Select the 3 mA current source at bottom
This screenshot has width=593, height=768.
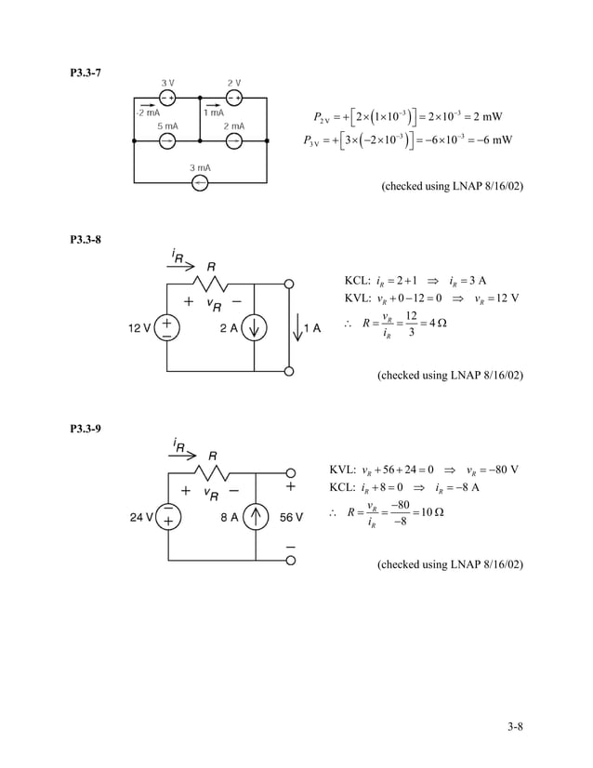coord(200,183)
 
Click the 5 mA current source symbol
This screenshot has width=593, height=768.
coord(167,140)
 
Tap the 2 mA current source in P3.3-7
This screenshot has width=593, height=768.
coord(234,140)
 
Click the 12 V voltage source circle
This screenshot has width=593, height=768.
coord(167,327)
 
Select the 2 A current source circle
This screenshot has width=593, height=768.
coord(255,327)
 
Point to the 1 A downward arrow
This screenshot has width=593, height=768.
coord(296,326)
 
